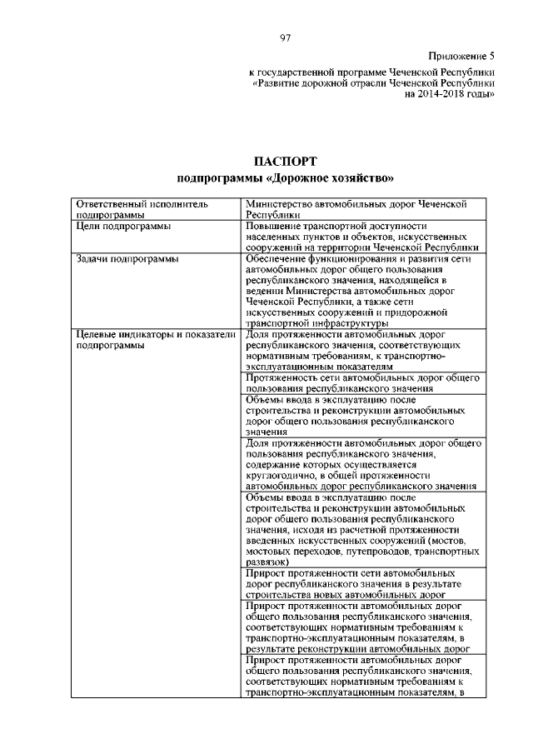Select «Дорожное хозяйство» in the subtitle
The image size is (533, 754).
coord(333,178)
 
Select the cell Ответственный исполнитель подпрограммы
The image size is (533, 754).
coord(142,208)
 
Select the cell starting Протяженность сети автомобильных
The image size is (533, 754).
coord(362,382)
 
